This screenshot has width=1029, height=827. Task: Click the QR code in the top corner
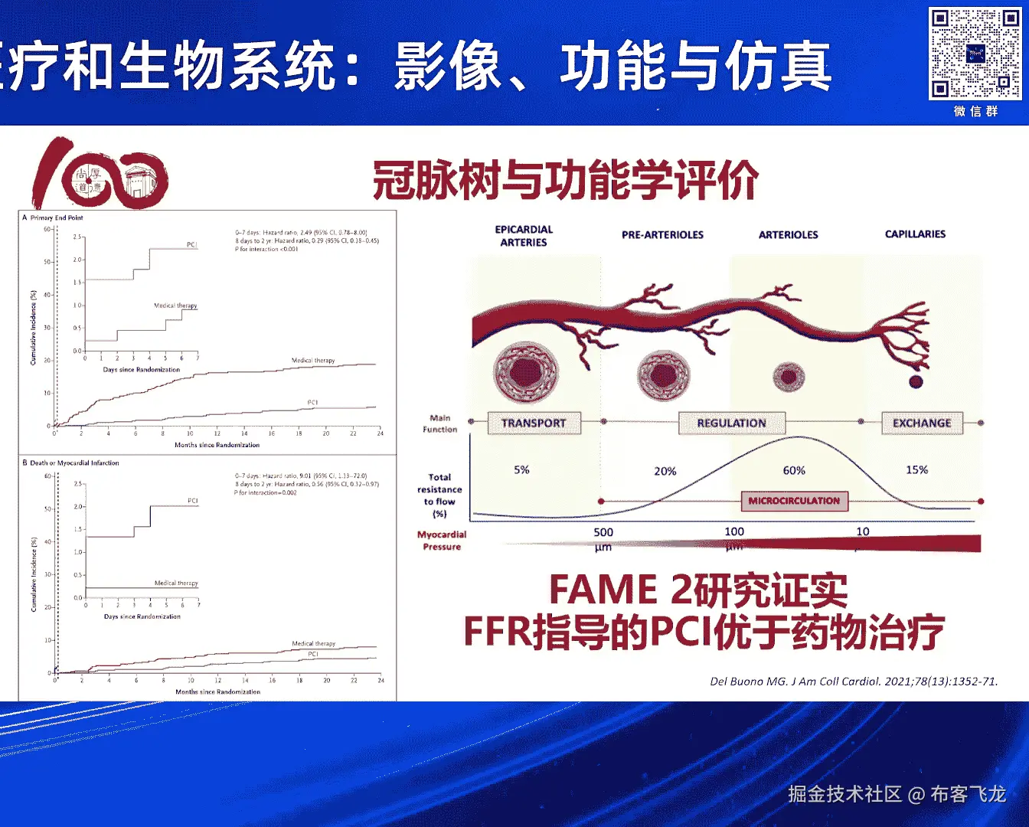(x=975, y=54)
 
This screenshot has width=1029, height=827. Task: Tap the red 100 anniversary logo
(x=100, y=174)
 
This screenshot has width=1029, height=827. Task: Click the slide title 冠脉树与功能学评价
(x=565, y=181)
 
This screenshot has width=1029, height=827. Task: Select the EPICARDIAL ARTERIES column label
(x=524, y=236)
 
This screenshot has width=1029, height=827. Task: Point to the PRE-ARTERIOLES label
(x=662, y=235)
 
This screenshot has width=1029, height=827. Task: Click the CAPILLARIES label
(x=915, y=234)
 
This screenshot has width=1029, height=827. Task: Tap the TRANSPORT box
(x=534, y=423)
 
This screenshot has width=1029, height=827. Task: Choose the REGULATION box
(x=731, y=423)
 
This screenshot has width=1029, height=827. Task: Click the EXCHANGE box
(x=922, y=423)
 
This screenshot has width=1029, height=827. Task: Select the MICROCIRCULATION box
(x=794, y=501)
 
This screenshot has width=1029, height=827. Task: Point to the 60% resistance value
(x=794, y=470)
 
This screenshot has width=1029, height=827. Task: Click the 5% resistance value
(x=521, y=469)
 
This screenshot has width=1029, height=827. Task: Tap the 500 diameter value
(x=603, y=532)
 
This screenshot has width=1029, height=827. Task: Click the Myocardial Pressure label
(x=442, y=541)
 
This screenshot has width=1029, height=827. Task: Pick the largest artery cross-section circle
(x=526, y=373)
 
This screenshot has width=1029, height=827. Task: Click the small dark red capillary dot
(x=916, y=381)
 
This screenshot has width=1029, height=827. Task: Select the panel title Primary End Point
(x=56, y=217)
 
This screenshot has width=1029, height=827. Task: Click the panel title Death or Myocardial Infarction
(x=73, y=463)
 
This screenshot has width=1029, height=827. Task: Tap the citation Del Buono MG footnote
(x=854, y=681)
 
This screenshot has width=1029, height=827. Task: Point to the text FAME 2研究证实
(x=698, y=590)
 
